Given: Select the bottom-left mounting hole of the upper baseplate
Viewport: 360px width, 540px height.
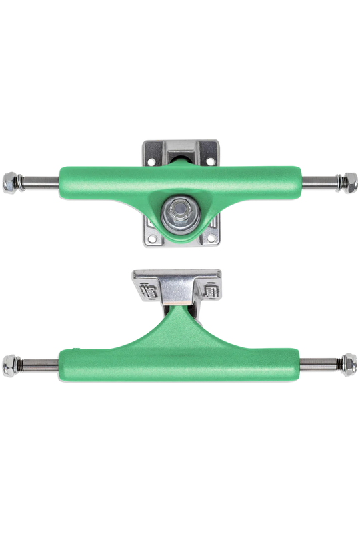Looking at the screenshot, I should coord(152,237).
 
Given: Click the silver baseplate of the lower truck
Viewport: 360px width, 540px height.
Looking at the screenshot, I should coord(180,275).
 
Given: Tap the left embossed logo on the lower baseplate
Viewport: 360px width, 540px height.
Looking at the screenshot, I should coord(147,291).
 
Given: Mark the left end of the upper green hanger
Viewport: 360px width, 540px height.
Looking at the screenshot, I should coord(67,178).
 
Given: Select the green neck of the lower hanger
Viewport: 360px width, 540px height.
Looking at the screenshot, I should coord(180,327).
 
